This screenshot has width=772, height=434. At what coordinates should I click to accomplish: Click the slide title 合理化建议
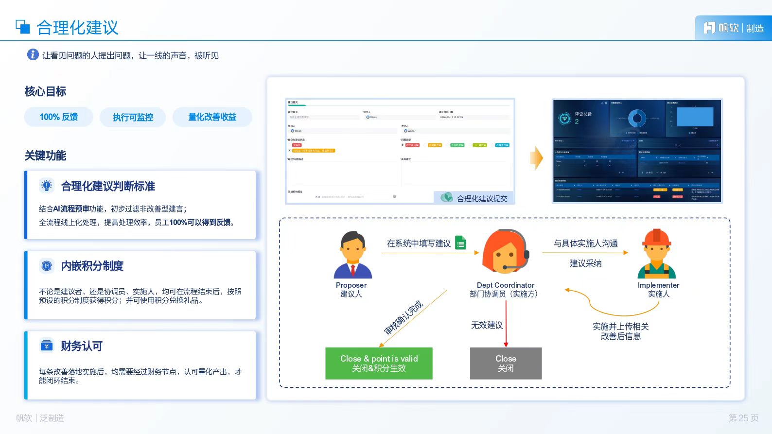[77, 28]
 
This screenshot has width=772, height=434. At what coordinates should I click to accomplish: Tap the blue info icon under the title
[33, 54]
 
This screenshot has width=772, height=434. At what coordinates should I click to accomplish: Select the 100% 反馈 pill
[59, 117]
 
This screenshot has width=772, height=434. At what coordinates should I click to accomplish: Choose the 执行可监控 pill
[133, 117]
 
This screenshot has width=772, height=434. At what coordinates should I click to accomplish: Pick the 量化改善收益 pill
[212, 117]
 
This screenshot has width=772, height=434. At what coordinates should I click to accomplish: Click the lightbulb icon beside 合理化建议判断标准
[47, 185]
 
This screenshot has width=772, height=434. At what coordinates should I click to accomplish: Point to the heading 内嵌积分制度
[92, 266]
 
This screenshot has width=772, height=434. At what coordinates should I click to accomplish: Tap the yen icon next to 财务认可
[47, 346]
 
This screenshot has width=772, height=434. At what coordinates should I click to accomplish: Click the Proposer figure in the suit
[352, 255]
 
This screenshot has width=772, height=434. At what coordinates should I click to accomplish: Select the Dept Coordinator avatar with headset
[506, 252]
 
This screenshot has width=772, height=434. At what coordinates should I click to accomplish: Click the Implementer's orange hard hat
[656, 237]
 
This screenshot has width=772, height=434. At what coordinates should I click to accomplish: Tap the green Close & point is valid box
[379, 363]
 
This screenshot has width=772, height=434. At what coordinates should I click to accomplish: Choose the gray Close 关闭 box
[506, 363]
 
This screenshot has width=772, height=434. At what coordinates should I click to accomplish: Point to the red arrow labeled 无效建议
[506, 323]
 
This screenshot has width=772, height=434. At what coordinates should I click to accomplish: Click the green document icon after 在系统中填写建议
[460, 243]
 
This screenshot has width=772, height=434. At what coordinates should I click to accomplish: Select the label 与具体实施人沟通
[585, 243]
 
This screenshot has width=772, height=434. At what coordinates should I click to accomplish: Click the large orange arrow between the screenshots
[536, 157]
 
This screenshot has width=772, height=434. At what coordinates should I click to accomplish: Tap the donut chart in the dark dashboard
[637, 118]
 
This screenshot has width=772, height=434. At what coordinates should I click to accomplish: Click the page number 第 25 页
[743, 418]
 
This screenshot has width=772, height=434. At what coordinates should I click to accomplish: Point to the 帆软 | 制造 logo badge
[733, 28]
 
